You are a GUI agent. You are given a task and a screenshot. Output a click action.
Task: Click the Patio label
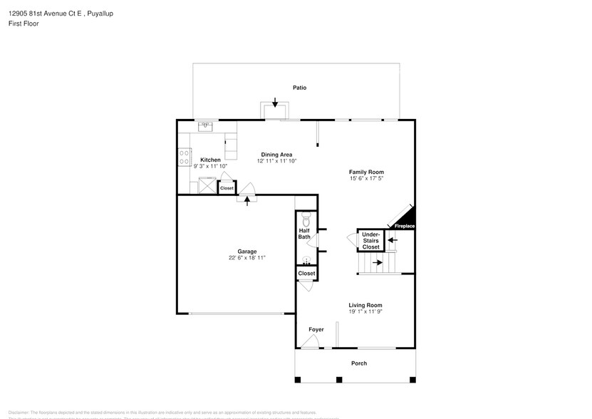[x=299, y=88]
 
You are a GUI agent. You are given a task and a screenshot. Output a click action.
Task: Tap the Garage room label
[x=247, y=251]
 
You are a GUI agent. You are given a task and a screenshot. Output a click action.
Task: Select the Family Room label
[x=366, y=172]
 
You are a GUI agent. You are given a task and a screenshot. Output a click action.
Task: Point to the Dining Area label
[x=276, y=155]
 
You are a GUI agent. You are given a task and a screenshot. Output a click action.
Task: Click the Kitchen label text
[x=210, y=160]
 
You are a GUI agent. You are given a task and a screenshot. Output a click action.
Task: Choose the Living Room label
[x=365, y=305]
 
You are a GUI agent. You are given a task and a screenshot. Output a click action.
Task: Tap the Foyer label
[x=316, y=329]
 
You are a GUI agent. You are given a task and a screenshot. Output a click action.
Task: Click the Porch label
[x=359, y=363]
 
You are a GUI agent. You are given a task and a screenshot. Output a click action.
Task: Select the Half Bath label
[x=304, y=234]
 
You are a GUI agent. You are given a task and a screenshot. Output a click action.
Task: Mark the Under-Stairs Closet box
[x=370, y=240]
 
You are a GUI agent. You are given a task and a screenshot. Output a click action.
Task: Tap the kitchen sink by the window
[x=207, y=127]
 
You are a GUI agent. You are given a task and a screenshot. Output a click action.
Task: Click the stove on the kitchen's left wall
[x=185, y=156]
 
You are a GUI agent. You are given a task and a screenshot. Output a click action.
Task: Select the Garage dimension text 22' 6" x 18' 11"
[x=247, y=258]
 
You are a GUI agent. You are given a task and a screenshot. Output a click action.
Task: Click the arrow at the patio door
[x=275, y=104]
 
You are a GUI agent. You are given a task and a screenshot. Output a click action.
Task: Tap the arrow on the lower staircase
[x=377, y=262]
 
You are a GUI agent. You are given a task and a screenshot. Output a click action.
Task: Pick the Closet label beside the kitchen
[x=227, y=188]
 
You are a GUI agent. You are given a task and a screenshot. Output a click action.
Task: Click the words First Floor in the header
[x=24, y=24]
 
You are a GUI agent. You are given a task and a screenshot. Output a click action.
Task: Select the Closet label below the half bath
[x=306, y=274]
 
